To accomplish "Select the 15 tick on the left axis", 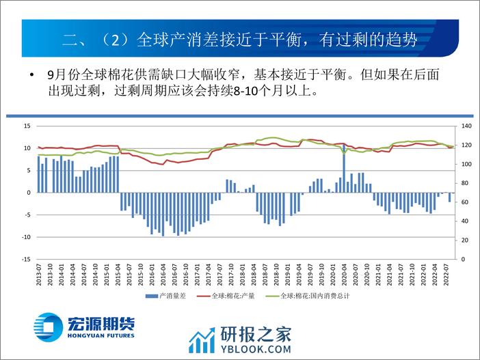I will [27, 126].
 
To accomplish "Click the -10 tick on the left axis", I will [27, 237].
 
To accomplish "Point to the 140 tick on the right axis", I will [467, 126].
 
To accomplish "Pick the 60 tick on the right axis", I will [465, 202].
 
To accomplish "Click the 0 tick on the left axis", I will [29, 193].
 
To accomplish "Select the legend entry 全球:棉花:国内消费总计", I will [318, 296].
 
